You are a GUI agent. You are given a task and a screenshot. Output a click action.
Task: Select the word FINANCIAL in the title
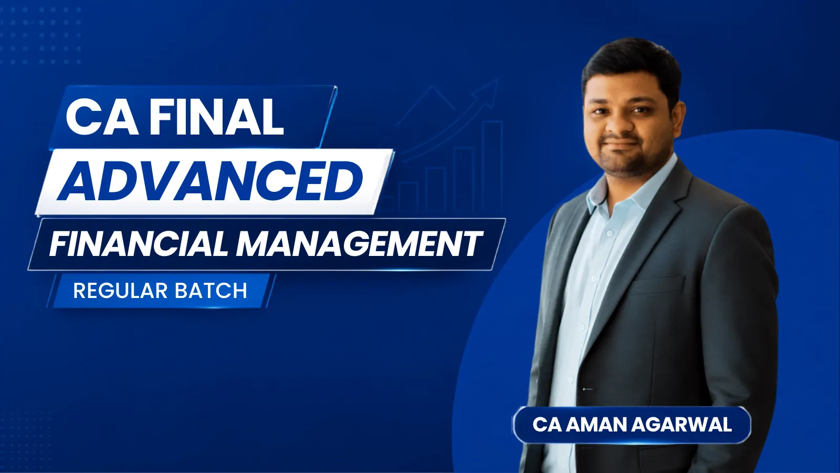pyautogui.click(x=139, y=243)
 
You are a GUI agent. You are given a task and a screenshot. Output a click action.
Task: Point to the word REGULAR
pyautogui.click(x=120, y=291)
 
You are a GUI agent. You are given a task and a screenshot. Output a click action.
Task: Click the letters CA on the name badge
pyautogui.click(x=547, y=425)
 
